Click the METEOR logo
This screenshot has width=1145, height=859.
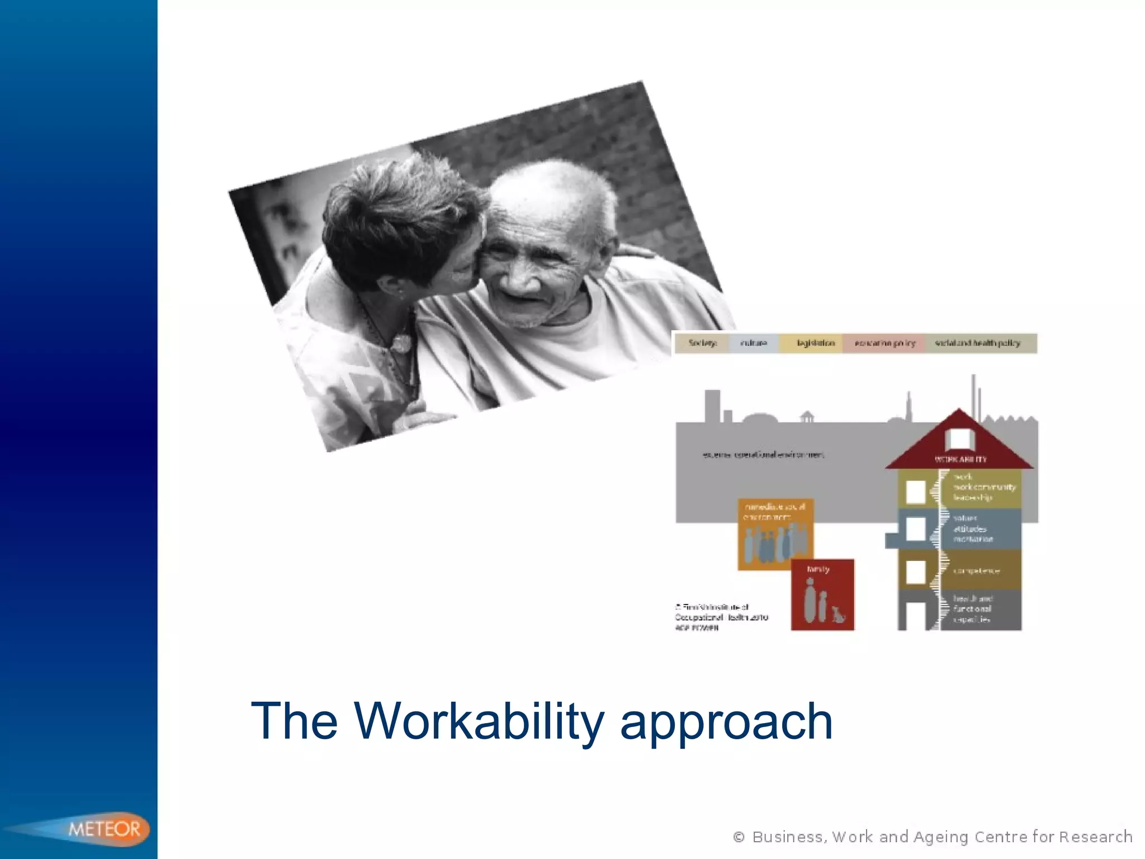pyautogui.click(x=104, y=829)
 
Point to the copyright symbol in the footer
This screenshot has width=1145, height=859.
pyautogui.click(x=739, y=837)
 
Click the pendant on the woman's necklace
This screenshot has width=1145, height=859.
pyautogui.click(x=400, y=342)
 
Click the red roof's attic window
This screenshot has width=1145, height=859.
pyautogui.click(x=959, y=439)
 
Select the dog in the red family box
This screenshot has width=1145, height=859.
pyautogui.click(x=838, y=614)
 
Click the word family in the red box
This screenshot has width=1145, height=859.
pyautogui.click(x=818, y=569)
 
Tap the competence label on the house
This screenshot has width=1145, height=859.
pyautogui.click(x=976, y=571)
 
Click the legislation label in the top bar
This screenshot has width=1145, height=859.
pyautogui.click(x=815, y=343)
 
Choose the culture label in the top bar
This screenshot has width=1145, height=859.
pyautogui.click(x=753, y=343)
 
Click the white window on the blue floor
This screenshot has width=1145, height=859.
pyautogui.click(x=916, y=529)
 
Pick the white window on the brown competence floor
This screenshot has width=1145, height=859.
pyautogui.click(x=916, y=572)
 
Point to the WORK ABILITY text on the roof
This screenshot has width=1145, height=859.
pyautogui.click(x=961, y=459)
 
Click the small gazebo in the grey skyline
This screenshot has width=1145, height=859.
pyautogui.click(x=807, y=417)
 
